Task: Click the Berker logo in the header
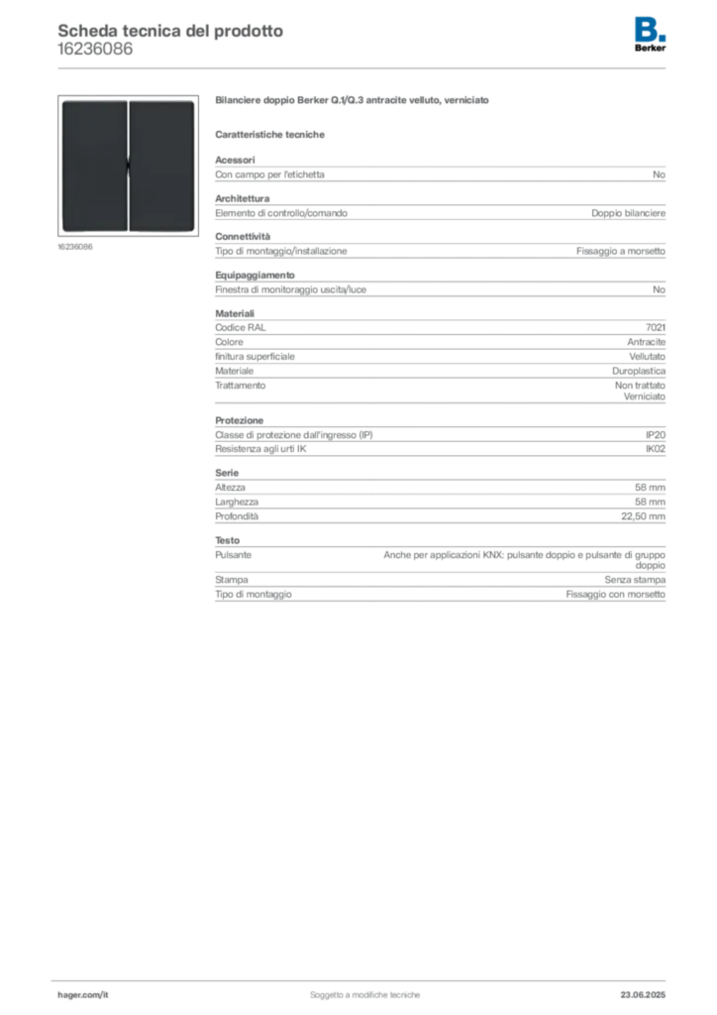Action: [x=650, y=35]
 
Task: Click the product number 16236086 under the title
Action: [x=95, y=50]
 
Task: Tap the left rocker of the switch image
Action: [x=94, y=166]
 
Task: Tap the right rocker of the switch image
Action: [x=161, y=166]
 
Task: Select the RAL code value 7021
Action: [x=655, y=327]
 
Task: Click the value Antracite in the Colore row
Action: [x=646, y=342]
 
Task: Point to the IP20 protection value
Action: [x=655, y=435]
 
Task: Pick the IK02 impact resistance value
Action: [x=655, y=449]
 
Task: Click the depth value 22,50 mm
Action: [x=643, y=515]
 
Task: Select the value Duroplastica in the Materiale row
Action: [x=639, y=371]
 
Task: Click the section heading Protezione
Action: [x=240, y=420]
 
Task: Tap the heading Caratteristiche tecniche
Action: [x=269, y=135]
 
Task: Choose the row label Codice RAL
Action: [x=241, y=327]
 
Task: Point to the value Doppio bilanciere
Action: [x=629, y=213]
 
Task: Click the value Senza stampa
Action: [x=635, y=579]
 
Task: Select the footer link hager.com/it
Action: [x=83, y=994]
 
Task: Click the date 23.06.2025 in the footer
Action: [x=643, y=994]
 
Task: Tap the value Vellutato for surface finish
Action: [x=647, y=357]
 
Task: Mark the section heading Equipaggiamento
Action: [x=255, y=276]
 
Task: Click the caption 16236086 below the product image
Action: [x=75, y=247]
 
